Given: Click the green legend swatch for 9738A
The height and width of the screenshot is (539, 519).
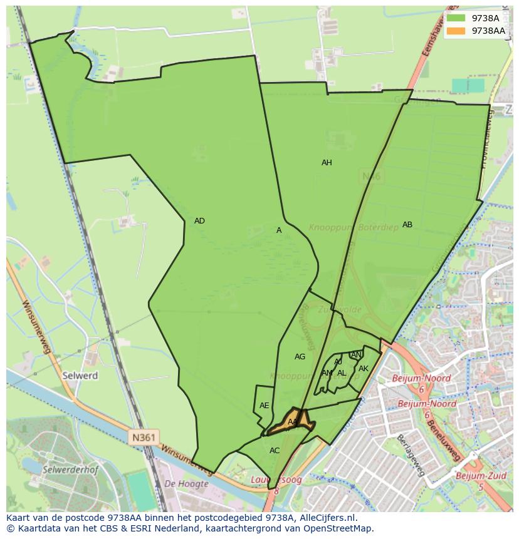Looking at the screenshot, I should click(x=456, y=18).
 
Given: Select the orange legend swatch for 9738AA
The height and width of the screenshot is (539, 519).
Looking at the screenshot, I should click(x=456, y=31).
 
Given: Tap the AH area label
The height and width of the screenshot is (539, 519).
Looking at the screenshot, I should click(x=327, y=163).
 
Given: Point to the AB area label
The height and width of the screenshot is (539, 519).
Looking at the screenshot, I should click(x=407, y=225).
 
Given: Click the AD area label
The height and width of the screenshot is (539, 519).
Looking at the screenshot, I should click(x=199, y=221).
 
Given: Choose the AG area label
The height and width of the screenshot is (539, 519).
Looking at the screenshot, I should click(x=300, y=357).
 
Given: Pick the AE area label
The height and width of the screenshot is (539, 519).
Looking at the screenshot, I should click(x=264, y=406).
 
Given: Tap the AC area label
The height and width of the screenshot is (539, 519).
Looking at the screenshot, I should click(x=275, y=451).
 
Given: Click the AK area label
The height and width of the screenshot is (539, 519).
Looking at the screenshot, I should click(x=363, y=369).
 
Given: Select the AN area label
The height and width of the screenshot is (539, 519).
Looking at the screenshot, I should click(x=356, y=355).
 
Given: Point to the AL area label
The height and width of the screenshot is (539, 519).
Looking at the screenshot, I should click(x=342, y=373).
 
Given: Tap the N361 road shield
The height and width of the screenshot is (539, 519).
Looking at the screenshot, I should click(x=145, y=436).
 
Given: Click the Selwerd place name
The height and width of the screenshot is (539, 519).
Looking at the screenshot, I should click(x=80, y=376).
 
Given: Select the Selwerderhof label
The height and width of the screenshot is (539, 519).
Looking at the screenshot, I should click(x=68, y=468).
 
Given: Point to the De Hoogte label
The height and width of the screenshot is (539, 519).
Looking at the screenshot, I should click(x=186, y=483).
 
